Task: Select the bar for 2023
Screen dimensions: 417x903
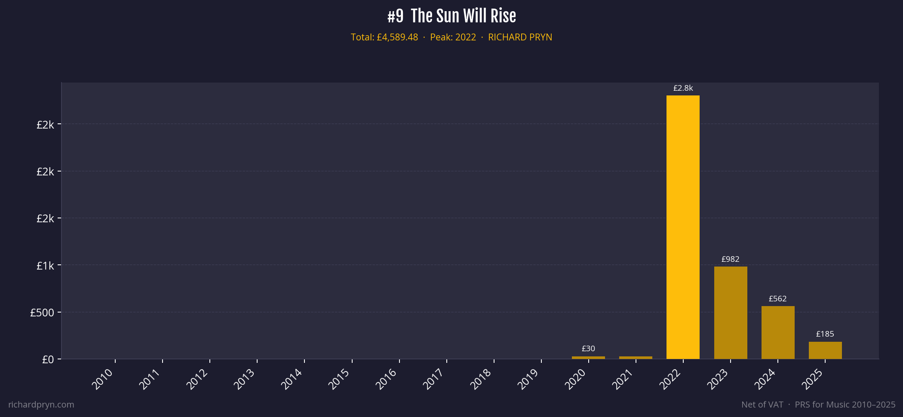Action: (x=730, y=313)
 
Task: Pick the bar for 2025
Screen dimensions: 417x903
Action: (x=825, y=350)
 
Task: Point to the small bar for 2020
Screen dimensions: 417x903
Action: (x=588, y=357)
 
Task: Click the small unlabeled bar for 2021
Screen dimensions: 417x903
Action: (x=636, y=357)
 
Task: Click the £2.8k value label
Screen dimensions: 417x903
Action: (x=683, y=88)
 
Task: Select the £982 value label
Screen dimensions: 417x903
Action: (x=730, y=259)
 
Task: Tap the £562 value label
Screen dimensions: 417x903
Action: (x=777, y=299)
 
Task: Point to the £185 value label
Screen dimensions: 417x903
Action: (x=825, y=334)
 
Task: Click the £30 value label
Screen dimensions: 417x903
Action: (x=588, y=349)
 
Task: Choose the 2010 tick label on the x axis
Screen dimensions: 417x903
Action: (x=103, y=379)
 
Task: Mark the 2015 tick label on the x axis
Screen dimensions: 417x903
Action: (x=339, y=379)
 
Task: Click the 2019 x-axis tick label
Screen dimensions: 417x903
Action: (x=528, y=379)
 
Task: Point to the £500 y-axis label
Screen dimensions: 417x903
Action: (x=42, y=313)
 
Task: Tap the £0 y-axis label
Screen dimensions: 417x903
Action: (x=48, y=359)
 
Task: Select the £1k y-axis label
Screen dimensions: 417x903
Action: (x=45, y=266)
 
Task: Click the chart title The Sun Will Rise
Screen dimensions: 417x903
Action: (x=463, y=16)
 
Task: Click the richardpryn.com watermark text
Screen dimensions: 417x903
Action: (x=41, y=405)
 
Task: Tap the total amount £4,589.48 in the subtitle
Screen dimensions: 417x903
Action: (x=397, y=37)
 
